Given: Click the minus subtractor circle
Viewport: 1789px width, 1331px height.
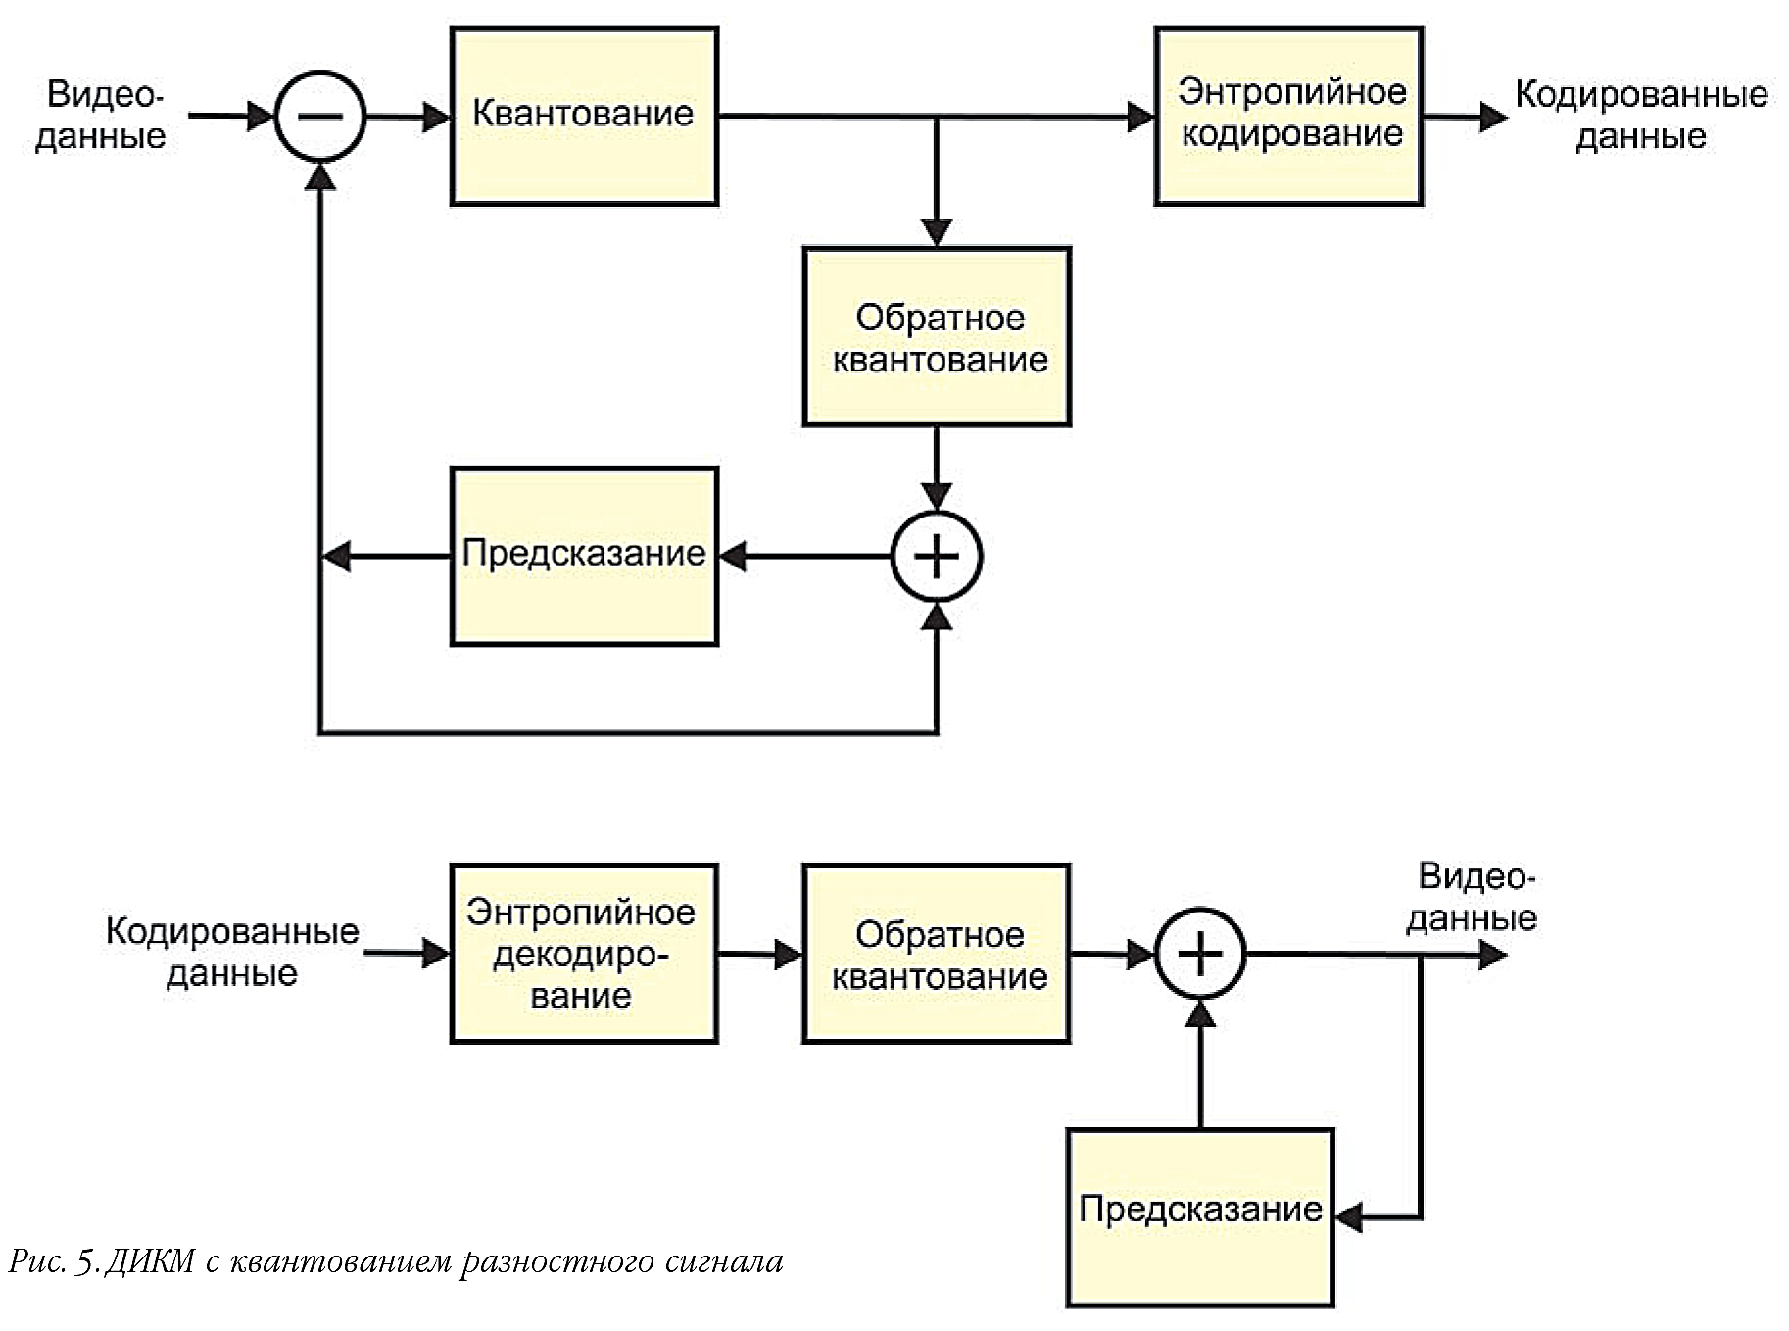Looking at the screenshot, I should pos(320,116).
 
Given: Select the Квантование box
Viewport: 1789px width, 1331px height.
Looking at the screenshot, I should pos(584,116).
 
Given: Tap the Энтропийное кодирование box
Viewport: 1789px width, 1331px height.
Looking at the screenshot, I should pos(1288,116).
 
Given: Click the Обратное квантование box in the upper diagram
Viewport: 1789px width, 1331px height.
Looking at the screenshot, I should pos(937,336).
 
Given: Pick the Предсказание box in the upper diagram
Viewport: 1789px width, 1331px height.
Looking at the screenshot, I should pos(584,556).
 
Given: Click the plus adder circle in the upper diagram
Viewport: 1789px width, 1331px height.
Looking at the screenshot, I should pos(937,556).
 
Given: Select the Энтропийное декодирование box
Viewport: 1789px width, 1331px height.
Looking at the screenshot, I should pos(584,953).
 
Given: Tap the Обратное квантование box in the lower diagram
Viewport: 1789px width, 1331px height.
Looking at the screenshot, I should pos(937,953).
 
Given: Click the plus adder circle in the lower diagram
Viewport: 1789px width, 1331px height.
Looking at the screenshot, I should pos(1200,953).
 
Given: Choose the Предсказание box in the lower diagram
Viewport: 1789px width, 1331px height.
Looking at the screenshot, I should pos(1200,1217).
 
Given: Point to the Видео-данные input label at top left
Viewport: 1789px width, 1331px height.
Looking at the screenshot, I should pos(102,115).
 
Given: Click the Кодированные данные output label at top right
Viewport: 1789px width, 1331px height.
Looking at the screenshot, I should pos(1641,115).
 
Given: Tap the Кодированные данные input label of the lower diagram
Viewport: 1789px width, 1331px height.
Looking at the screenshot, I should pos(232,952).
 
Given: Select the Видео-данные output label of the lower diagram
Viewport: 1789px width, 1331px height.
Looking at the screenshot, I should pos(1473,897).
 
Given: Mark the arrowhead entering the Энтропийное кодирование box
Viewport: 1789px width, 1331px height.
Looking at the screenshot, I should pos(1141,117).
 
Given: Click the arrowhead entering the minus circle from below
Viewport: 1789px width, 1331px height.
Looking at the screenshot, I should pos(320,176).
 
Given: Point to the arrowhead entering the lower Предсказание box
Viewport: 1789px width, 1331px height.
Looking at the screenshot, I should pos(1349,1217).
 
